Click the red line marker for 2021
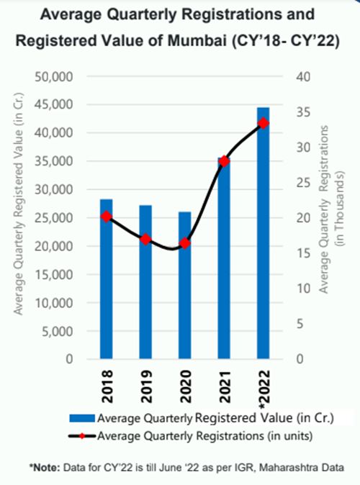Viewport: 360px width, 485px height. pyautogui.click(x=225, y=161)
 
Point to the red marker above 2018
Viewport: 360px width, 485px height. pyautogui.click(x=107, y=216)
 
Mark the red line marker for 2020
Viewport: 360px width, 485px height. pyautogui.click(x=185, y=243)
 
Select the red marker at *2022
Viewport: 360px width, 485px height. pyautogui.click(x=264, y=123)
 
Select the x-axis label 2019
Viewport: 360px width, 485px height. pyautogui.click(x=145, y=381)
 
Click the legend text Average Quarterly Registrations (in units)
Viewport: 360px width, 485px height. pyautogui.click(x=194, y=434)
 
